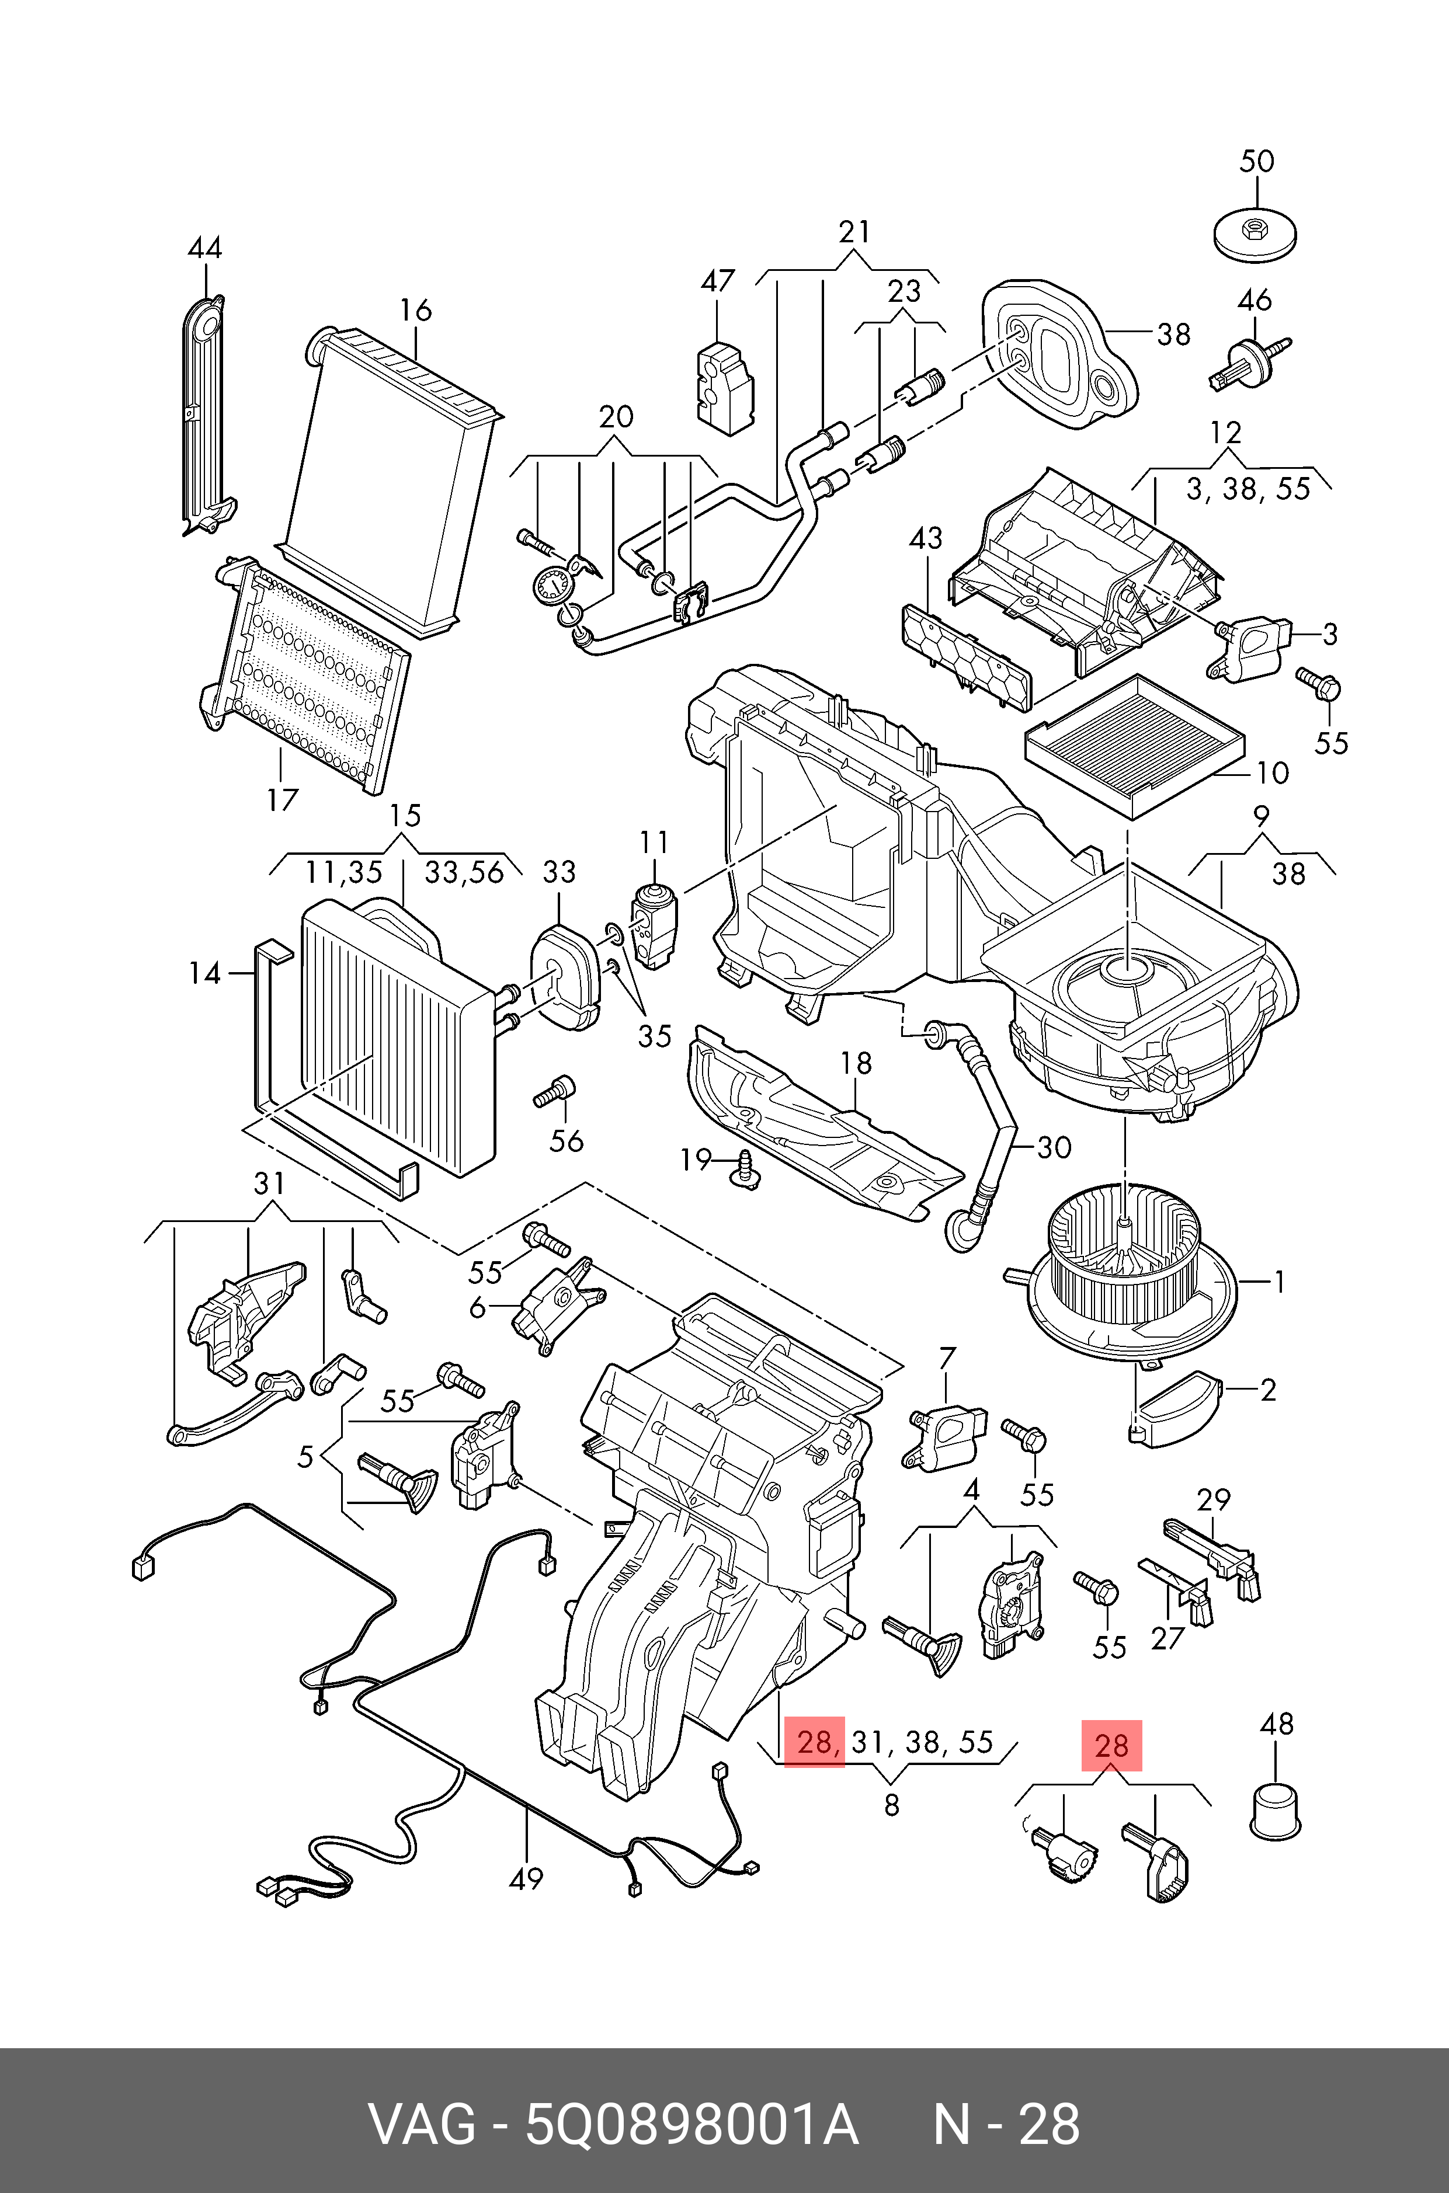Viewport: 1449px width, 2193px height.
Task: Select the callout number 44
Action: click(204, 249)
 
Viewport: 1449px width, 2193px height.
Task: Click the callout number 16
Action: click(416, 311)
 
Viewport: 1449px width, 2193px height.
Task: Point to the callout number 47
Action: click(717, 281)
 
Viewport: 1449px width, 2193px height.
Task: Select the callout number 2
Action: click(1268, 1390)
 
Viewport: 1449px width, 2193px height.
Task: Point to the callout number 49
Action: click(527, 1878)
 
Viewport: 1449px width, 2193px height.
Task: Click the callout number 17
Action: click(283, 799)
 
